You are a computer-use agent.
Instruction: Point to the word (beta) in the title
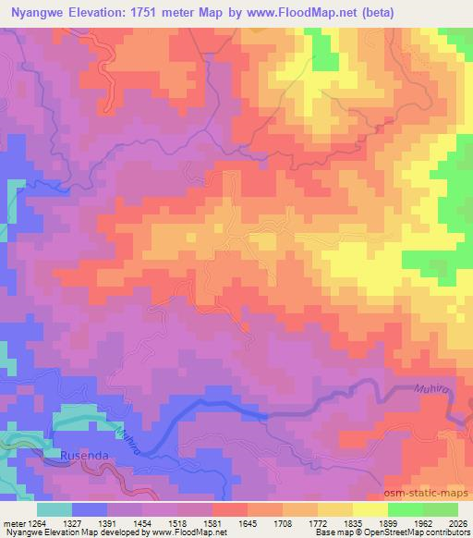tap(446, 12)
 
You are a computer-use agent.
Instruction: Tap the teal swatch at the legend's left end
tap(55, 508)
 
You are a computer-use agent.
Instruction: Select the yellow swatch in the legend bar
tap(370, 508)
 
